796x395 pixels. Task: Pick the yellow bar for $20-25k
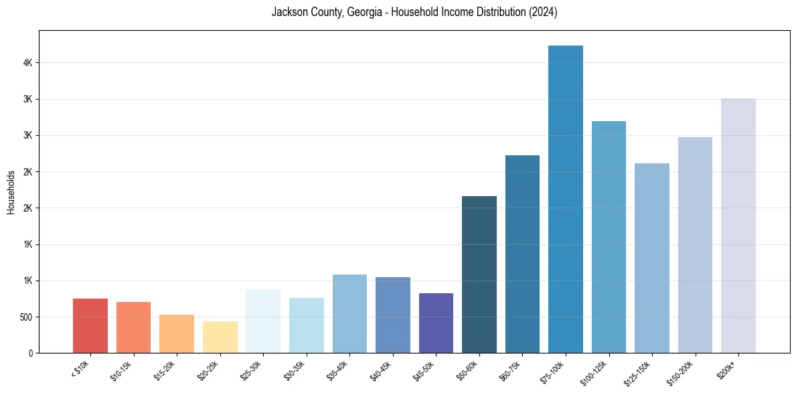point(220,337)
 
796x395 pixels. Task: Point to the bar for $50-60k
point(479,274)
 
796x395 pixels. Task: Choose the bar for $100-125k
point(609,237)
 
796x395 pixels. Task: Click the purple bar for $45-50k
point(436,323)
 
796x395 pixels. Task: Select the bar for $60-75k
point(522,254)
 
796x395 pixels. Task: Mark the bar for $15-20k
point(177,333)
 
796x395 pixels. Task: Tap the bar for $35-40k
point(349,313)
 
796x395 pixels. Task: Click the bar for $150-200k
point(695,245)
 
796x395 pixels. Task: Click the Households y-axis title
point(11,192)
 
